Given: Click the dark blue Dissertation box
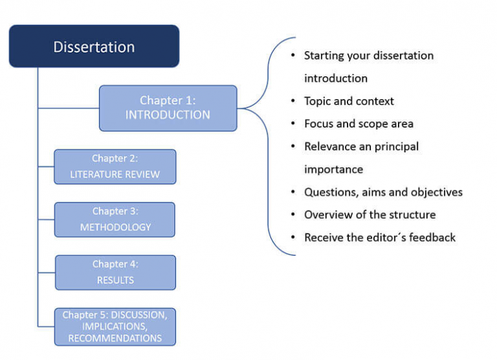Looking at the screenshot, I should pos(94,47).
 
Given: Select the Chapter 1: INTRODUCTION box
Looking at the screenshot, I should pos(168,108).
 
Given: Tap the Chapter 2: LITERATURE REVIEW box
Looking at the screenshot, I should pos(115,167).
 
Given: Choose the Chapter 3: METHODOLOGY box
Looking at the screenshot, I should pos(115,219).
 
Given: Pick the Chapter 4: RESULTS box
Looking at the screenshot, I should pos(115,273).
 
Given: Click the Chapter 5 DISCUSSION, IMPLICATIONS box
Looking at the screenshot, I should pos(115,327).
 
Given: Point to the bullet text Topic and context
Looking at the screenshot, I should pos(349,101).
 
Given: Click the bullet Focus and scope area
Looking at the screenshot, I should pos(359,124).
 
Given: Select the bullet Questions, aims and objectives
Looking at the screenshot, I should pos(383,192).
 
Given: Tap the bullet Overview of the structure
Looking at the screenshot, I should pos(370,214).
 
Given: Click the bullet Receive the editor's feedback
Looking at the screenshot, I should pos(380,238).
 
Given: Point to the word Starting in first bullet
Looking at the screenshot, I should pos(324,56).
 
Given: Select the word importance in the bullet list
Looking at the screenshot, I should pos(333,170).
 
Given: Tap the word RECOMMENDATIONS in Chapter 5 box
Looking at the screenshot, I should pos(115,339).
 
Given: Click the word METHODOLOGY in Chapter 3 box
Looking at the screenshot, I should pos(115,227).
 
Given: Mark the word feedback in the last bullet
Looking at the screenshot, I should pos(432,238).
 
